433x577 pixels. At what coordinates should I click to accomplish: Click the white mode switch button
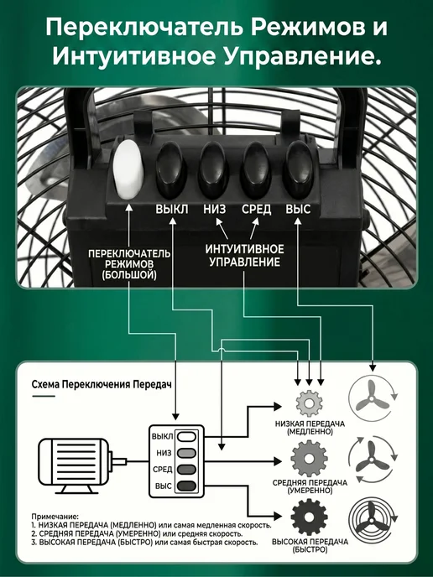pyautogui.click(x=128, y=169)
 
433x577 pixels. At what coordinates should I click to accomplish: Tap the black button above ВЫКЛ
pyautogui.click(x=170, y=169)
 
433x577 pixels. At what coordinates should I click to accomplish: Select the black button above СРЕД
pyautogui.click(x=256, y=169)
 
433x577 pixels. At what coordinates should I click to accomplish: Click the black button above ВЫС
pyautogui.click(x=298, y=169)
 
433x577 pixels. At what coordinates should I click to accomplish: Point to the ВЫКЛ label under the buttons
pyautogui.click(x=171, y=210)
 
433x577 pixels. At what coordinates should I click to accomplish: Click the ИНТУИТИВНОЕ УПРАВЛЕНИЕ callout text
pyautogui.click(x=244, y=256)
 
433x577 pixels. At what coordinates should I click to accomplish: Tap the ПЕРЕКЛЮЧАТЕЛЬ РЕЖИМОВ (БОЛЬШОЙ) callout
pyautogui.click(x=129, y=264)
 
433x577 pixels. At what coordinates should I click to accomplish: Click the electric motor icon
pyautogui.click(x=82, y=465)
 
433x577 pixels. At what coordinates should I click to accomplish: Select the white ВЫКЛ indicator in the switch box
pyautogui.click(x=186, y=436)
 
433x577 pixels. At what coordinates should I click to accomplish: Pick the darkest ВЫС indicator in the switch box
pyautogui.click(x=186, y=486)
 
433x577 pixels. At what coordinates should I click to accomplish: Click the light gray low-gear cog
pyautogui.click(x=309, y=403)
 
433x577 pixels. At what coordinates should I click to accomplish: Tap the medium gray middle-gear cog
pyautogui.click(x=309, y=459)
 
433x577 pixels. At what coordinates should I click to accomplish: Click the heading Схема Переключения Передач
pyautogui.click(x=102, y=385)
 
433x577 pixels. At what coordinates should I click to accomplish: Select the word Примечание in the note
pyautogui.click(x=55, y=517)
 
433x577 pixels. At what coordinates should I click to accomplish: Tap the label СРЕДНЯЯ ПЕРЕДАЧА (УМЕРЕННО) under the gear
pyautogui.click(x=310, y=486)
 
